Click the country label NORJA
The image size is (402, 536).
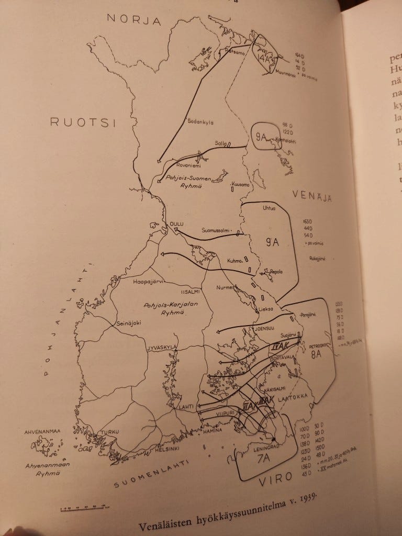click(x=133, y=19)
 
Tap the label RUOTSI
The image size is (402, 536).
click(x=82, y=122)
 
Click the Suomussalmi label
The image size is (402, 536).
click(x=217, y=231)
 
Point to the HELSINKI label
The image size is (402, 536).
click(x=167, y=449)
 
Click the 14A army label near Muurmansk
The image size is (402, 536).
click(x=266, y=59)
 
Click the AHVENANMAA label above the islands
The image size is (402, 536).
click(x=43, y=432)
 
